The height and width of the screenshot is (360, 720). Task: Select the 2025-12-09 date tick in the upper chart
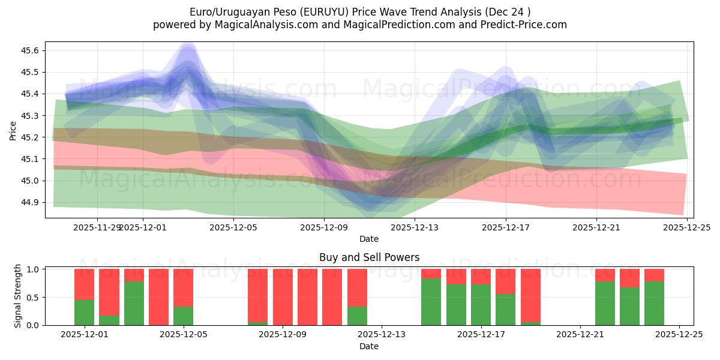click(324, 227)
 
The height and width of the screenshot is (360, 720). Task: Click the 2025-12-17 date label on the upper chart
click(506, 227)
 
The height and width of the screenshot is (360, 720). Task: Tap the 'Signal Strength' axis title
click(18, 296)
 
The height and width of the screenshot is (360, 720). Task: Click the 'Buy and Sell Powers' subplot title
click(369, 257)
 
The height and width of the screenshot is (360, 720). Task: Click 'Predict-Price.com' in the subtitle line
click(522, 25)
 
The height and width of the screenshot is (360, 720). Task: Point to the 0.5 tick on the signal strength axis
click(34, 297)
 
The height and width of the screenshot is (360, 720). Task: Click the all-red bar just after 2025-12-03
click(158, 297)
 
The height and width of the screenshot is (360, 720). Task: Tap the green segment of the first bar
click(85, 312)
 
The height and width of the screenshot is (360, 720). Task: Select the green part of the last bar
click(654, 303)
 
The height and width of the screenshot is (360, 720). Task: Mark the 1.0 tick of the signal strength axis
click(34, 269)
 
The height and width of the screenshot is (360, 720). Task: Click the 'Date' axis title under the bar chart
click(369, 346)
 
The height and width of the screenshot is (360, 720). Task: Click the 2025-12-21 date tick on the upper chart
click(596, 227)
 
